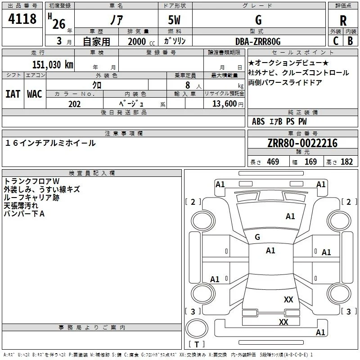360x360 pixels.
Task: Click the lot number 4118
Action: (22, 18)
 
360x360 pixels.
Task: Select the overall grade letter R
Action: (343, 21)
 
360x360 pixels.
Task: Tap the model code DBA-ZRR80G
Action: (258, 41)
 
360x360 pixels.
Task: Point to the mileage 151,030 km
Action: (53, 64)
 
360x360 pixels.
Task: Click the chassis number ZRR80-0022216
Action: (302, 143)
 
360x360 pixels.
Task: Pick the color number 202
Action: (74, 104)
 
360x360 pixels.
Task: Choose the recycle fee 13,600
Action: (224, 103)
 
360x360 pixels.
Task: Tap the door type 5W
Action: (174, 20)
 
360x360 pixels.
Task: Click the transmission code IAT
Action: (13, 94)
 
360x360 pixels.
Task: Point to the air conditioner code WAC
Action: (35, 94)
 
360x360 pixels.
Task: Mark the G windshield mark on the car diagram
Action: (257, 237)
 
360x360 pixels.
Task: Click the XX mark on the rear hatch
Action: (288, 299)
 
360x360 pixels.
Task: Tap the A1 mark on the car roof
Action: (270, 251)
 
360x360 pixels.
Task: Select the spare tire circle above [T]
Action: (197, 328)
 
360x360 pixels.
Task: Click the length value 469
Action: (273, 162)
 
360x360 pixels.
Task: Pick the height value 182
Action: (346, 162)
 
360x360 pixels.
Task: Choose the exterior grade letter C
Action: (336, 41)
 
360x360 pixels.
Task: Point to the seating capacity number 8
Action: (188, 85)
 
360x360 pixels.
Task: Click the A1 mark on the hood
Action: (290, 216)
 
